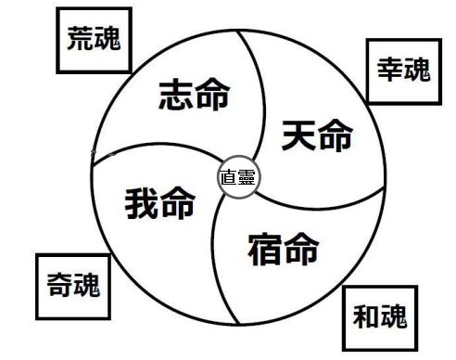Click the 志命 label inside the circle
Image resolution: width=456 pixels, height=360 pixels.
pyautogui.click(x=195, y=94)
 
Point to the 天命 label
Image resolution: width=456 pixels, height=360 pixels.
pyautogui.click(x=317, y=135)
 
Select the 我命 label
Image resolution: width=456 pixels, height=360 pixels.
pyautogui.click(x=160, y=202)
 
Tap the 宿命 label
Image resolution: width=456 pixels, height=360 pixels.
pyautogui.click(x=284, y=249)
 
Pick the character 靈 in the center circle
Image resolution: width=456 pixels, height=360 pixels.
pyautogui.click(x=247, y=177)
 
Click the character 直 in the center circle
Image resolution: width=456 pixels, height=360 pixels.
pyautogui.click(x=229, y=177)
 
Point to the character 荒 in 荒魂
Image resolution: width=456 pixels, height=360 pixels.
pyautogui.click(x=81, y=38)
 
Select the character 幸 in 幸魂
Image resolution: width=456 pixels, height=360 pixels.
pyautogui.click(x=390, y=69)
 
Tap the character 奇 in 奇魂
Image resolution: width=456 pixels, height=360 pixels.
pyautogui.click(x=60, y=284)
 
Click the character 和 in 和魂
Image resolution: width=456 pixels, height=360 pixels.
pyautogui.click(x=366, y=316)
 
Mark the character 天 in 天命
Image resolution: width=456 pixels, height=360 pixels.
pyautogui.click(x=298, y=135)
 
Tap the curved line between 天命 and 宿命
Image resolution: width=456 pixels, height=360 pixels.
pyautogui.click(x=322, y=209)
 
